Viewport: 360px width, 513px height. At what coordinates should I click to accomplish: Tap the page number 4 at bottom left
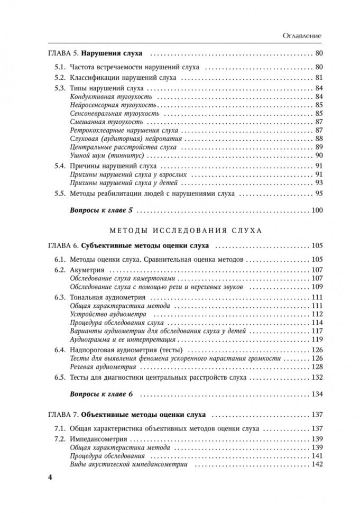coord(50,478)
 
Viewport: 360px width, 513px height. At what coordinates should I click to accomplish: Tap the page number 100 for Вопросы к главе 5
coord(317,210)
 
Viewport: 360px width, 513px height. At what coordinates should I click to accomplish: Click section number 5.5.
coord(59,194)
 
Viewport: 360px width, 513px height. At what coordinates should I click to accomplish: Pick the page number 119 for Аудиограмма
coord(317,339)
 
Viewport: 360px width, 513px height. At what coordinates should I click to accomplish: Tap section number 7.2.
coord(59,438)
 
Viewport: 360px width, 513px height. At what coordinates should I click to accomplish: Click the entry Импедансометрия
coord(98,438)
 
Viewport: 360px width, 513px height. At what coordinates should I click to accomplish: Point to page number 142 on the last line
coord(317,464)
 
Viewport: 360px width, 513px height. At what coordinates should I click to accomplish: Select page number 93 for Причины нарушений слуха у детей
coord(319,182)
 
